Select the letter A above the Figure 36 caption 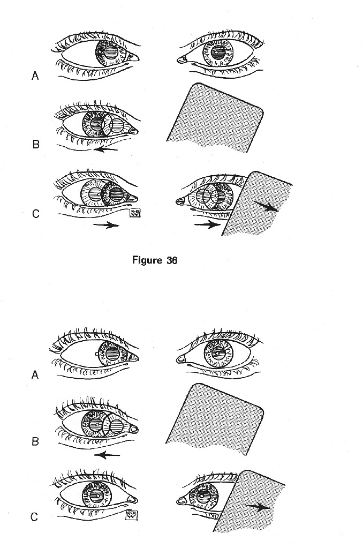35,76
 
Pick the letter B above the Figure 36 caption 36,144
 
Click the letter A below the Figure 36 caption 35,376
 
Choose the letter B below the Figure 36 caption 35,442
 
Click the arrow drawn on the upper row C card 266,208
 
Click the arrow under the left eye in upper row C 105,226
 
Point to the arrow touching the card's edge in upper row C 208,225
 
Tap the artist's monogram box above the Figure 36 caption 134,214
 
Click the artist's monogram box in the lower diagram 131,515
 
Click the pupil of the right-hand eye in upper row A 218,53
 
